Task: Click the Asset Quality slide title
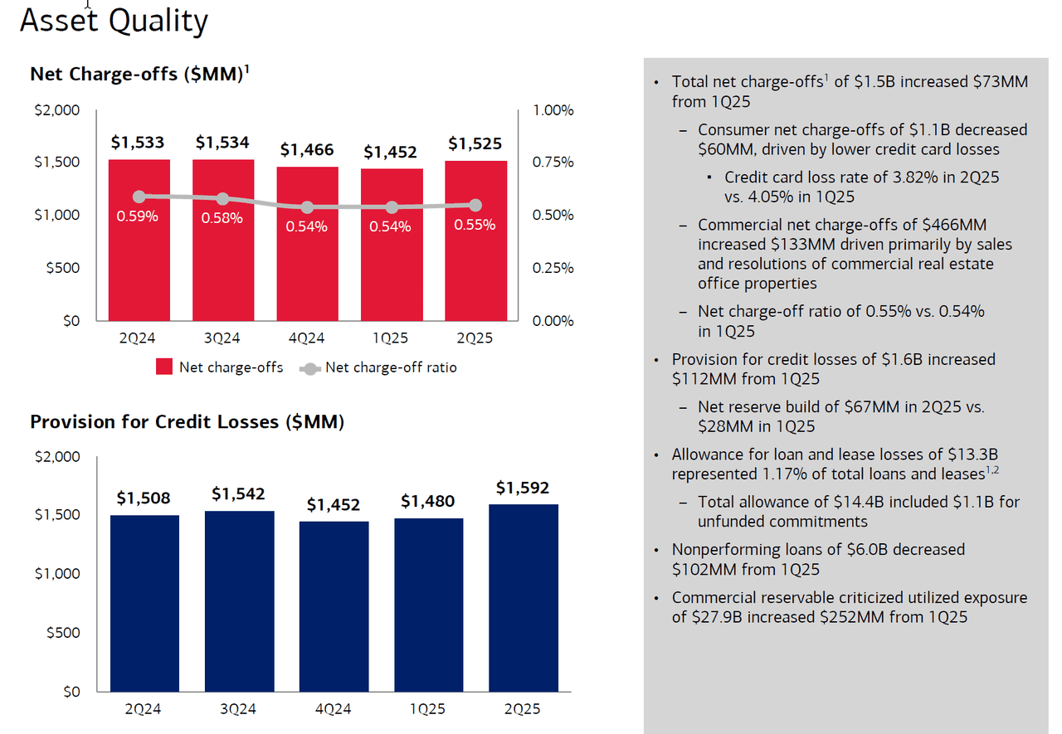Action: tap(114, 21)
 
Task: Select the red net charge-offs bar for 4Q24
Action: tap(308, 244)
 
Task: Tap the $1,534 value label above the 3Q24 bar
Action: tap(222, 143)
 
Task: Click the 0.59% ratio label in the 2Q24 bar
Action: tap(138, 217)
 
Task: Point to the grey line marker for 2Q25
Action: tap(475, 205)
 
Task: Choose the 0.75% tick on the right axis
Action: tap(553, 163)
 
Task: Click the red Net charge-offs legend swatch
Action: tap(164, 367)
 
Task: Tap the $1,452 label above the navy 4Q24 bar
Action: tap(334, 504)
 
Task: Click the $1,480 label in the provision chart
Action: tap(428, 501)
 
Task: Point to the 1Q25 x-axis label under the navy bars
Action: tap(428, 710)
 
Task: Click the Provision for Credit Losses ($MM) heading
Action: tap(187, 422)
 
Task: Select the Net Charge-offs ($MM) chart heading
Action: tap(137, 74)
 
